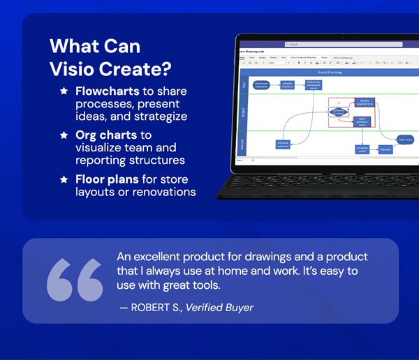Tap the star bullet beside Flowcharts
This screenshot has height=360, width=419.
tap(64, 91)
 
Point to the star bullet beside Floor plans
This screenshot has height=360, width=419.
tap(64, 179)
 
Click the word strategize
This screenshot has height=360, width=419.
tap(161, 116)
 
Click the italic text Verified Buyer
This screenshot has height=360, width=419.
tap(219, 308)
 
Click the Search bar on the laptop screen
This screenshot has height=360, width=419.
tap(321, 44)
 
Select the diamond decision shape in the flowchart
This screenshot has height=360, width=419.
tap(338, 112)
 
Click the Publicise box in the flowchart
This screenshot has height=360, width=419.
tap(385, 149)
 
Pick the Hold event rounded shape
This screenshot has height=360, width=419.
tap(405, 140)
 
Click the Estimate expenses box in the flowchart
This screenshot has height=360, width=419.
tap(284, 144)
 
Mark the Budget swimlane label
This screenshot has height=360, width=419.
tap(244, 112)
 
